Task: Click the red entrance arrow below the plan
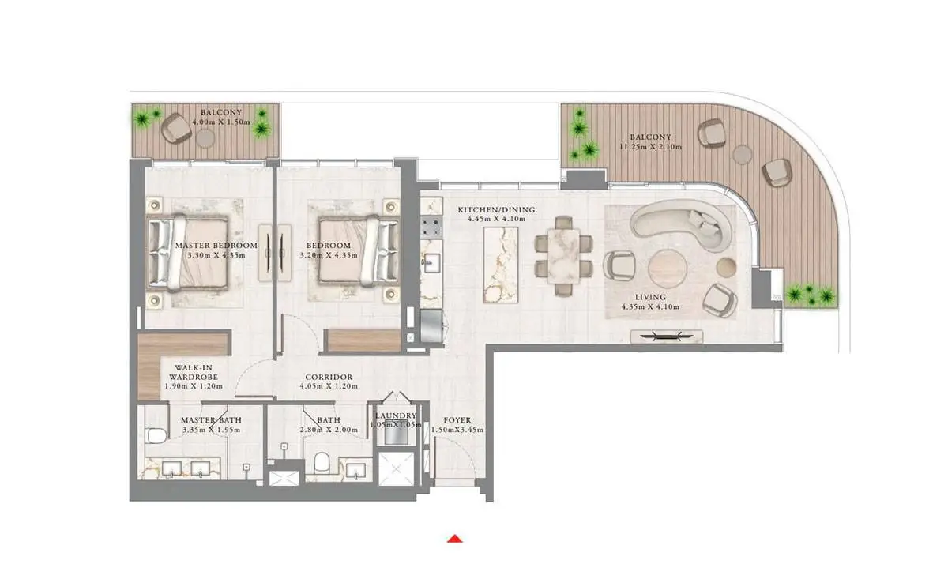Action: pyautogui.click(x=455, y=539)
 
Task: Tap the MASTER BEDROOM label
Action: pyautogui.click(x=216, y=246)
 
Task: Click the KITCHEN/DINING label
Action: pyautogui.click(x=496, y=209)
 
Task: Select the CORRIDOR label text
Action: pyautogui.click(x=329, y=377)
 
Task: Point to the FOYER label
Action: pyautogui.click(x=457, y=420)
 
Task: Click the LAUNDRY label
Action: pyautogui.click(x=396, y=415)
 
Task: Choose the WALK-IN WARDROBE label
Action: pyautogui.click(x=194, y=372)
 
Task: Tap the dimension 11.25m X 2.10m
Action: pyautogui.click(x=650, y=147)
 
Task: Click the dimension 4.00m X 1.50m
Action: pyautogui.click(x=221, y=122)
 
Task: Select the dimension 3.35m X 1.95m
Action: pyautogui.click(x=211, y=430)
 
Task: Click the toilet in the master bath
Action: pyautogui.click(x=156, y=435)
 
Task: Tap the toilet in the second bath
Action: pyautogui.click(x=322, y=463)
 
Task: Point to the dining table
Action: pyautogui.click(x=563, y=256)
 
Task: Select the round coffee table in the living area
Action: pyautogui.click(x=668, y=269)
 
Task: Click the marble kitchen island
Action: pyautogui.click(x=501, y=265)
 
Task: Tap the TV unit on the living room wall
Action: pyautogui.click(x=667, y=337)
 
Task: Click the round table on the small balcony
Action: pyautogui.click(x=205, y=138)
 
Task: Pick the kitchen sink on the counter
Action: pyautogui.click(x=431, y=262)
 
